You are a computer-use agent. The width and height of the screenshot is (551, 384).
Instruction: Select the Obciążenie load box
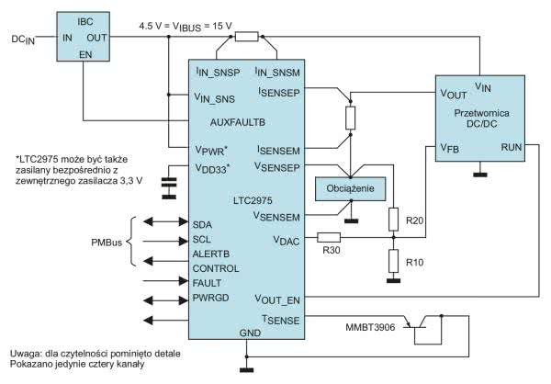pos(350,186)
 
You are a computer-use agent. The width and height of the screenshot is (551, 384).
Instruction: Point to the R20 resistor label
pos(415,220)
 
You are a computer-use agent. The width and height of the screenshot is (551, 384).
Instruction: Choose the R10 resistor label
pos(415,261)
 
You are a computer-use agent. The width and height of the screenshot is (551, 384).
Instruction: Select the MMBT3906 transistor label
pos(371,326)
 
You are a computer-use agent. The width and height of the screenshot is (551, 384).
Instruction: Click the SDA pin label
pos(203,223)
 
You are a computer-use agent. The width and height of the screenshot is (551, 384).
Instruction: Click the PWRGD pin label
pos(211,299)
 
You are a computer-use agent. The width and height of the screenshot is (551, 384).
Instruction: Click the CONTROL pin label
pos(215,268)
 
